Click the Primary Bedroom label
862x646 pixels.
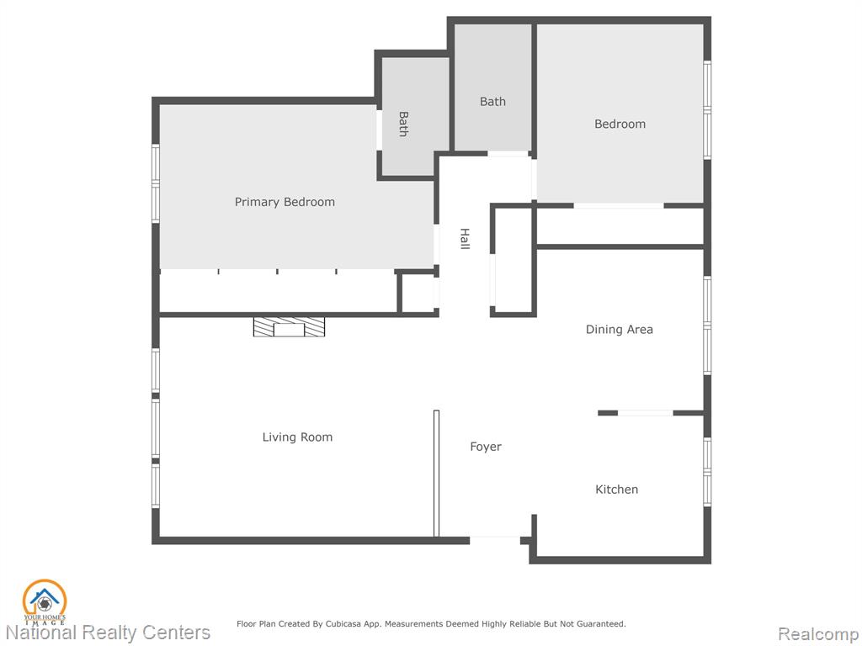(285, 202)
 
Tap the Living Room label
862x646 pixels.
(297, 437)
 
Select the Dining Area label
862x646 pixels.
(620, 330)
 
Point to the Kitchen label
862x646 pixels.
(617, 490)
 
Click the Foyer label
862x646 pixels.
(486, 447)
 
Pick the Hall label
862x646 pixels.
(465, 239)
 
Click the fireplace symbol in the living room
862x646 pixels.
(290, 327)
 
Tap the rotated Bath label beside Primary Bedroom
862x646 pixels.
(403, 124)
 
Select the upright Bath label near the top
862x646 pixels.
(492, 102)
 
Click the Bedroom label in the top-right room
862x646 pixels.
(620, 124)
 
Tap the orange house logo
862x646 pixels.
(45, 602)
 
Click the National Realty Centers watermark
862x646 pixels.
(108, 633)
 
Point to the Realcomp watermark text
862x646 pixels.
(818, 634)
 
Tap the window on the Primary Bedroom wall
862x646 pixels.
(156, 183)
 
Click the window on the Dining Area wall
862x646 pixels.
(707, 326)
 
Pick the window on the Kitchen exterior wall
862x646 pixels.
(707, 471)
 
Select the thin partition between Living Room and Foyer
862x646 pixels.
(437, 473)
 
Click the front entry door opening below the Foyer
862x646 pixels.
(495, 538)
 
